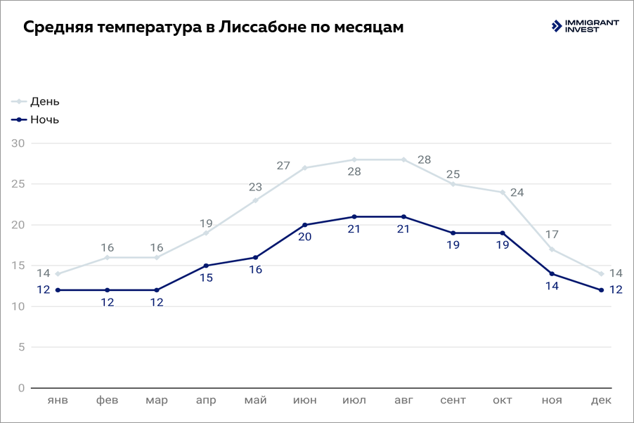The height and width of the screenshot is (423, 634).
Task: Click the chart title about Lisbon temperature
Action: [x=214, y=27]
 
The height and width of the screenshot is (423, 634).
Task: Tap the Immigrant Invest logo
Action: [x=585, y=26]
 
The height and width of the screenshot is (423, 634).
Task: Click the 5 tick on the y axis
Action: [x=22, y=347]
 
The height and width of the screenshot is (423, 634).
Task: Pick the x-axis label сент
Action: [x=453, y=401]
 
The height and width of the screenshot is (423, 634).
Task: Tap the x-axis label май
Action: [x=255, y=401]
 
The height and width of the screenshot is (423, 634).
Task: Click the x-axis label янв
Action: [x=58, y=401]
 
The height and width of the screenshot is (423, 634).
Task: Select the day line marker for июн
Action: [x=305, y=168]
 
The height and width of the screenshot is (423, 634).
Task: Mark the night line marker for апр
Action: [x=206, y=266]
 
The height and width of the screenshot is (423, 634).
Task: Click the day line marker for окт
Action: [x=503, y=193]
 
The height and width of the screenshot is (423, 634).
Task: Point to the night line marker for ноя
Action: [x=552, y=274]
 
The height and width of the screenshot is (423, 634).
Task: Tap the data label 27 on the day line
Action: [x=283, y=166]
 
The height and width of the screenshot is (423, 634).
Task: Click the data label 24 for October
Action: [x=517, y=193]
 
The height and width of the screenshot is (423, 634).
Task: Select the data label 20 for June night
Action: [x=305, y=237]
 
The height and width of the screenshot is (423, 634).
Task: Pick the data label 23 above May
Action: [x=255, y=188]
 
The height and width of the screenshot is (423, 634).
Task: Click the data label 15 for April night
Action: [x=206, y=278]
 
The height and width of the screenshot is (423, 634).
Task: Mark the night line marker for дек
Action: [x=601, y=290]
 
